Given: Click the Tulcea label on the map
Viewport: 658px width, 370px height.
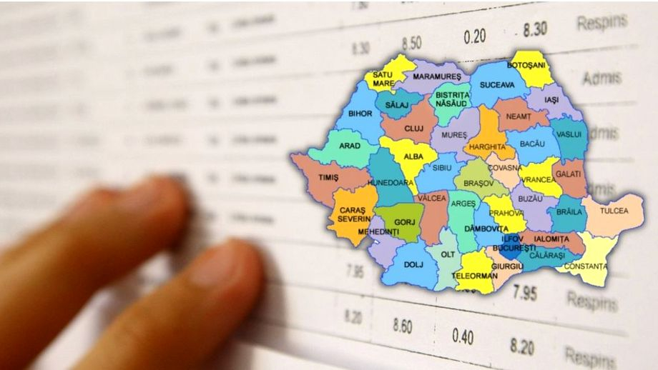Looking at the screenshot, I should (x=614, y=211).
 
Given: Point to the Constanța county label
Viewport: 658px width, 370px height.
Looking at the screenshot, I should (x=586, y=266).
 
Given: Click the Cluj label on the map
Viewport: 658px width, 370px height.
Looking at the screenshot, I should (x=414, y=128).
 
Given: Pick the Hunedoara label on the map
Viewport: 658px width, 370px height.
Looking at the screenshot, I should (x=391, y=183).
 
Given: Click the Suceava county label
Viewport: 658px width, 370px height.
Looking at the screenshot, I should (x=496, y=84).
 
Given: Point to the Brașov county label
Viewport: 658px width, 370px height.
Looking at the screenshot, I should (x=478, y=184).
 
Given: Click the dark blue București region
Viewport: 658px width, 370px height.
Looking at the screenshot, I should (x=509, y=250).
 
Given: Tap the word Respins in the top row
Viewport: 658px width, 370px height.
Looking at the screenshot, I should (x=601, y=21).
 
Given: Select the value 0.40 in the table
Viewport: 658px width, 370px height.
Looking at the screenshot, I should (x=462, y=336).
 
